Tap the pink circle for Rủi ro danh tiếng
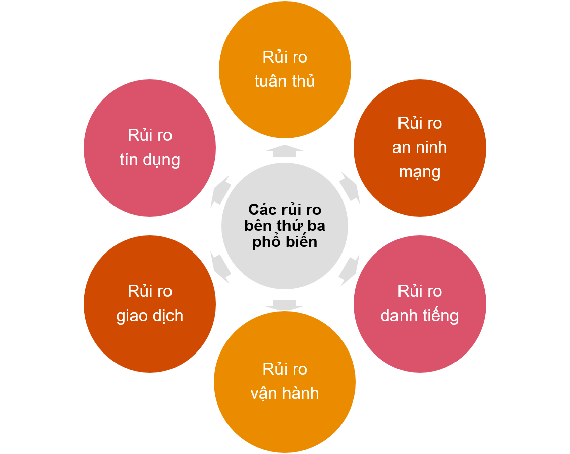coord(420,343)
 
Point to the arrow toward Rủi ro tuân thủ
coord(284,151)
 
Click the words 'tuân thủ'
coord(284,81)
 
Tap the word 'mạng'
coord(420,172)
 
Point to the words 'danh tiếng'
coord(420,316)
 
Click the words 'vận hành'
coord(284,393)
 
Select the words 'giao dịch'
coord(150,316)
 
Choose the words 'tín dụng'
coord(150,160)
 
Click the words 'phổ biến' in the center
coord(284,242)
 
